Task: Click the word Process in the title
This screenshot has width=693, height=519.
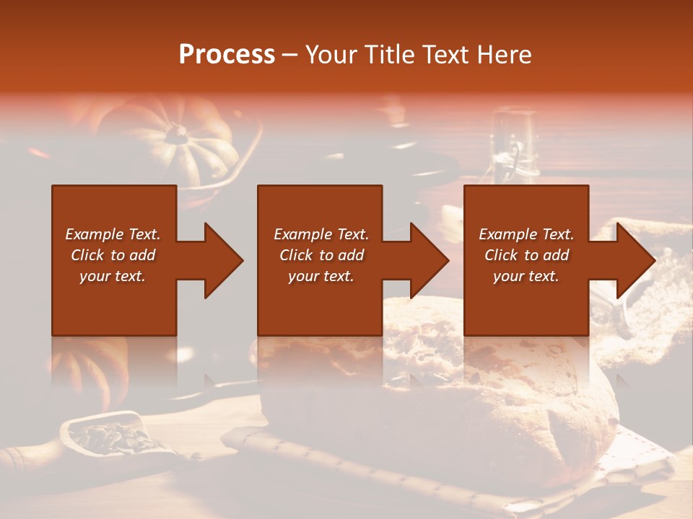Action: [227, 55]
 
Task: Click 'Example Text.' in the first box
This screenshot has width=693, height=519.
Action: [113, 234]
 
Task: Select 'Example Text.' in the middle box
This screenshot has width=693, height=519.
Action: [321, 234]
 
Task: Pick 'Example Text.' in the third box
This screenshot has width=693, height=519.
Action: [526, 234]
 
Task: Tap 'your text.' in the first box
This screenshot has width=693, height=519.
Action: [113, 277]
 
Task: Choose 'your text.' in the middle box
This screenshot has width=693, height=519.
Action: [321, 277]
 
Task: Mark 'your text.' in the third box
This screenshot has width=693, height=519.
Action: [526, 277]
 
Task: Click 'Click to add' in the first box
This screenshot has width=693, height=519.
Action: [113, 255]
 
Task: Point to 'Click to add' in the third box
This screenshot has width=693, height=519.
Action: [526, 255]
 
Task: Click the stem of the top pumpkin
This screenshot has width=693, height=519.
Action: [176, 133]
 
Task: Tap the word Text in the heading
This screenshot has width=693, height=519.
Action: [444, 55]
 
